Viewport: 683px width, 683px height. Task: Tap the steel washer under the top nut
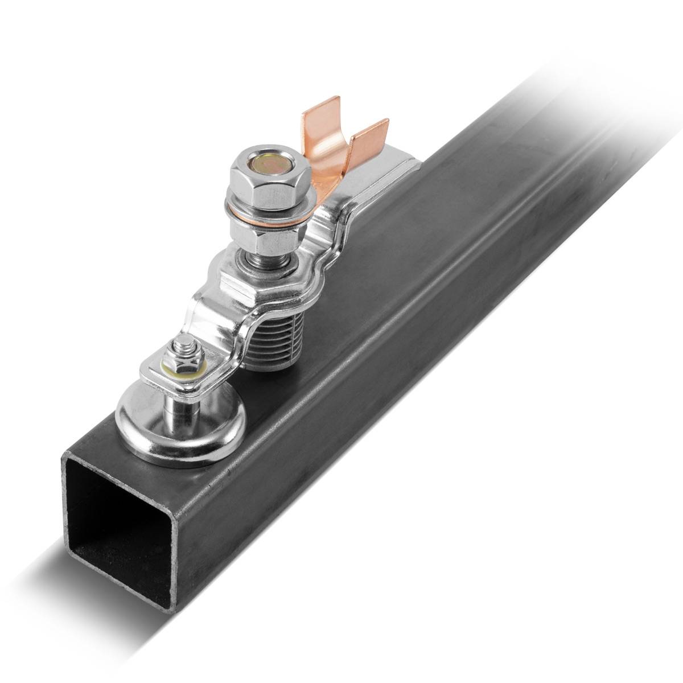[x=268, y=205]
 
